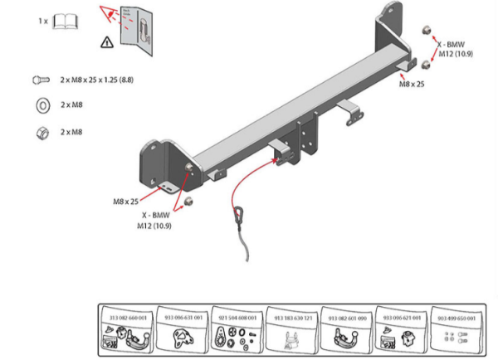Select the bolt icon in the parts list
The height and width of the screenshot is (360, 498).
[41, 80]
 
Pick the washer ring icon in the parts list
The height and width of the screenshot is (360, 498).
[41, 105]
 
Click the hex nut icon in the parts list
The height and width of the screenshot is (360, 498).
[41, 132]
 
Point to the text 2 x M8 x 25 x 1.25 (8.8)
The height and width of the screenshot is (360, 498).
[98, 80]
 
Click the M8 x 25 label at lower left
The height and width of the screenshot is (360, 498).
[126, 201]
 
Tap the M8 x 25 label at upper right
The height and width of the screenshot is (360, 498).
[412, 85]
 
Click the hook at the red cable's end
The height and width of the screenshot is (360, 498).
[239, 215]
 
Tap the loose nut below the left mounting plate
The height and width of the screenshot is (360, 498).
[188, 202]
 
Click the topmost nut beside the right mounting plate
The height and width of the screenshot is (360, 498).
[424, 31]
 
